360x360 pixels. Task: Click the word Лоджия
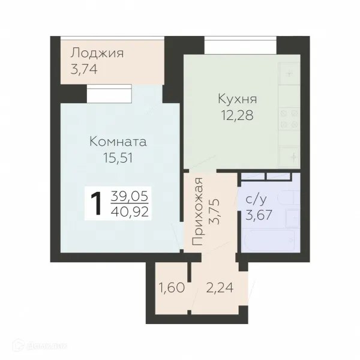tap(97, 53)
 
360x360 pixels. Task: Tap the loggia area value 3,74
tap(84, 69)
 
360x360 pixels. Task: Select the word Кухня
tap(238, 99)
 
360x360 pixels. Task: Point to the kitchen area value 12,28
tap(238, 115)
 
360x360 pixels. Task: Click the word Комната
tap(118, 142)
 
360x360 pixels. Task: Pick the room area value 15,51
tap(118, 158)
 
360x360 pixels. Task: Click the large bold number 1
tap(96, 203)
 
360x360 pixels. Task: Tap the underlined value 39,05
tap(130, 197)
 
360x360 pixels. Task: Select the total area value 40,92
tap(130, 212)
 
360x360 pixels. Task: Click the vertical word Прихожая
tap(197, 211)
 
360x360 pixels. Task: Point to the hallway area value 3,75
tap(214, 211)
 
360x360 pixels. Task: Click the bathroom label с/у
tap(256, 200)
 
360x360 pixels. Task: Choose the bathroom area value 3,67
tap(259, 215)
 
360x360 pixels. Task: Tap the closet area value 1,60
tap(172, 287)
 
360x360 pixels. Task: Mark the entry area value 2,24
tap(220, 287)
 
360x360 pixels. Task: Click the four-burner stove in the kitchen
tap(289, 119)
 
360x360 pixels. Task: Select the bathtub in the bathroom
tap(269, 240)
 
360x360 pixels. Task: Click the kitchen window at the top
tap(241, 45)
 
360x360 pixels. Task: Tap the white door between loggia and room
tap(109, 94)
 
